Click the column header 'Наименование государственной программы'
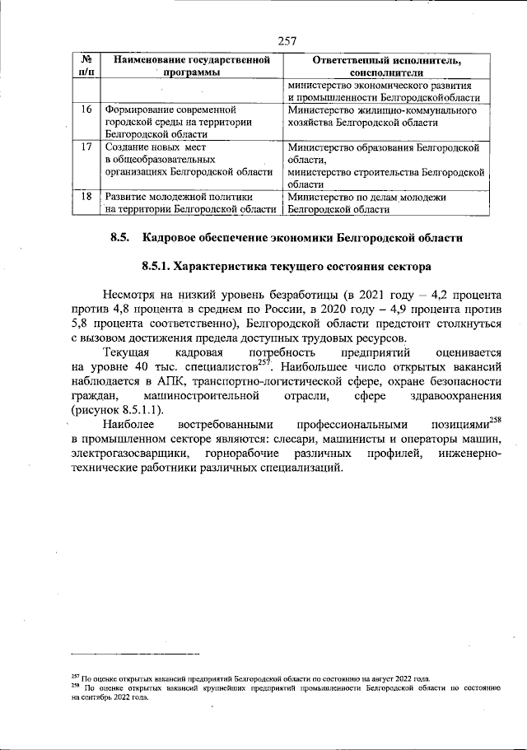pyautogui.click(x=192, y=66)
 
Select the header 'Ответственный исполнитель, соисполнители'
pyautogui.click(x=385, y=66)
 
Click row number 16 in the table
pyautogui.click(x=86, y=109)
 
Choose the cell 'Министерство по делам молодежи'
pyautogui.click(x=367, y=203)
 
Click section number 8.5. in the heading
pyautogui.click(x=121, y=238)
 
